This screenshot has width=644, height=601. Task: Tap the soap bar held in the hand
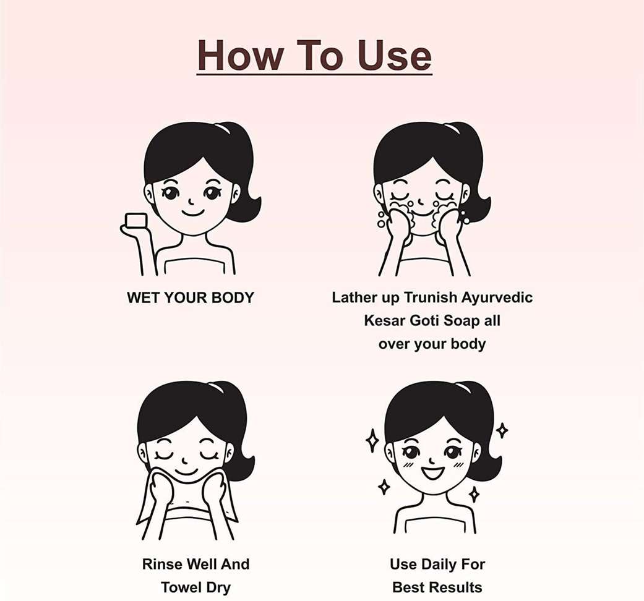(136, 220)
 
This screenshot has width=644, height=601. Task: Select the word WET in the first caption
(144, 297)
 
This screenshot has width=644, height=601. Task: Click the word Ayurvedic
(497, 298)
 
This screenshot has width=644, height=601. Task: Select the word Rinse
(162, 564)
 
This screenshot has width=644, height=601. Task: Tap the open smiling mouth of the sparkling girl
(432, 472)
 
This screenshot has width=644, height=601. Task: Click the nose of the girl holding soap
(191, 201)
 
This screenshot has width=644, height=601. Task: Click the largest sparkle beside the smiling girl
(372, 440)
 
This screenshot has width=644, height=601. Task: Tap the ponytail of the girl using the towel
(238, 427)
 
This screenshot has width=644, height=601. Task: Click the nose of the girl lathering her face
(421, 201)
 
